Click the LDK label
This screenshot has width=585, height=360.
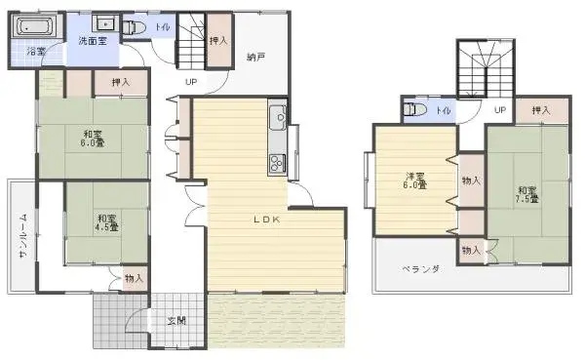(x=267, y=220)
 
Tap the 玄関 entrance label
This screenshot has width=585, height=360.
(x=176, y=320)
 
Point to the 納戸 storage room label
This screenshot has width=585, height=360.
(x=256, y=57)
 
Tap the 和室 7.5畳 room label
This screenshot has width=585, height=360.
(x=526, y=195)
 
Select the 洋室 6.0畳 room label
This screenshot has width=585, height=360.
(x=415, y=180)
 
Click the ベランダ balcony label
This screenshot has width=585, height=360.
(x=421, y=269)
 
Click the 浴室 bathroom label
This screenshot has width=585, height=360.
(x=37, y=50)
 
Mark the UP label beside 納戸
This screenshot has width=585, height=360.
(x=191, y=82)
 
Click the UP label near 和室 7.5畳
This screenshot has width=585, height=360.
(x=499, y=110)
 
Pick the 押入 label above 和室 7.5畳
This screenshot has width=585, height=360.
(x=541, y=111)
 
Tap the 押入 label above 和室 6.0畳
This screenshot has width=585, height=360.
(x=121, y=83)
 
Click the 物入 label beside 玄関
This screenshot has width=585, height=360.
(x=134, y=279)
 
